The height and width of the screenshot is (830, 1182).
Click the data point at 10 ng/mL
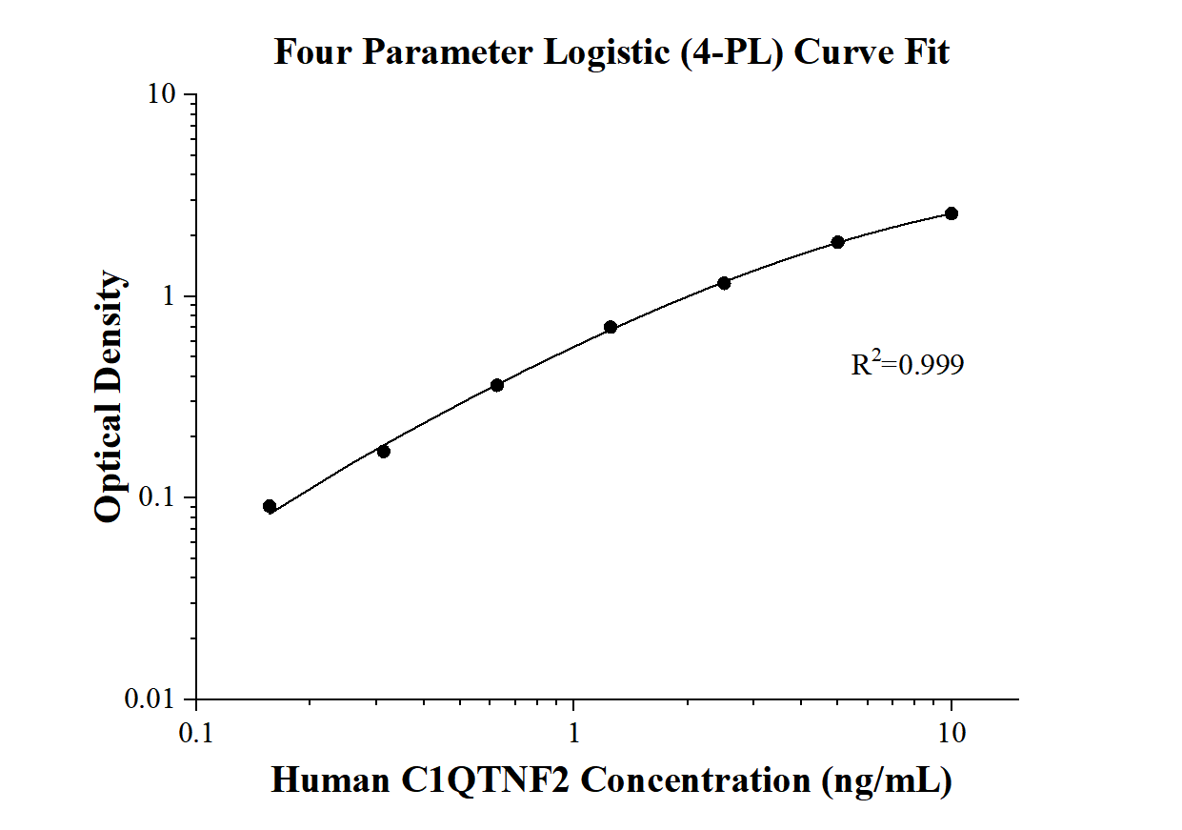(x=952, y=213)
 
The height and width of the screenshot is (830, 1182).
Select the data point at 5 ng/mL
(x=838, y=242)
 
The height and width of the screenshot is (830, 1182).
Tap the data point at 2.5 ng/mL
(x=724, y=283)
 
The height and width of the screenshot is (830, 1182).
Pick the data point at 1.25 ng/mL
(x=611, y=328)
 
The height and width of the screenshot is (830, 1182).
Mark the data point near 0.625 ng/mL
(x=497, y=385)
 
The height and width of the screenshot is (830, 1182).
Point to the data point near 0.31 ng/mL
(x=383, y=451)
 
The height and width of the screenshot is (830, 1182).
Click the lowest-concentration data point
(x=270, y=506)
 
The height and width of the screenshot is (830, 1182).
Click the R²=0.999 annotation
(x=907, y=364)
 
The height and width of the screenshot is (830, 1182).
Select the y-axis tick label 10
(x=163, y=95)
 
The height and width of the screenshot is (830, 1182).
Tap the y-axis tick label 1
(x=171, y=296)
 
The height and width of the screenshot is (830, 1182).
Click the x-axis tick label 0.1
(x=195, y=731)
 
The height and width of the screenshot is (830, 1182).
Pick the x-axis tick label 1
(x=573, y=731)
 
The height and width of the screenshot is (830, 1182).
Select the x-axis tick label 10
(x=952, y=731)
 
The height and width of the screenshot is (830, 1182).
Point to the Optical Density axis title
(x=110, y=396)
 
